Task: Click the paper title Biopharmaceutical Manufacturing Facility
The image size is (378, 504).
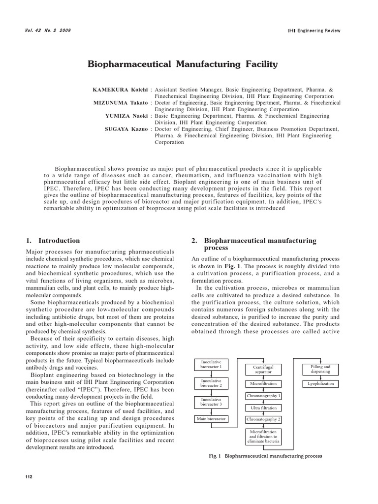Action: (182, 64)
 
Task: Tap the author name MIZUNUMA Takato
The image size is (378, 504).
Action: (120, 103)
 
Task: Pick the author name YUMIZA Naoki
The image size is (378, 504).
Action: (126, 116)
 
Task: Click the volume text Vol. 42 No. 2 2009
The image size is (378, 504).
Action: (48, 31)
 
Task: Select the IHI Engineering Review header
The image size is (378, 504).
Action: (314, 31)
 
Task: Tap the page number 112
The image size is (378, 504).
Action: (29, 477)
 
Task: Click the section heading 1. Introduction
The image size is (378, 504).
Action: (53, 241)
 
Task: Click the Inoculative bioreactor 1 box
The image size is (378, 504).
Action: (211, 364)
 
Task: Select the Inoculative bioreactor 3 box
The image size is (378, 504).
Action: (211, 402)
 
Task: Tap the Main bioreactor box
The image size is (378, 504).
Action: (211, 419)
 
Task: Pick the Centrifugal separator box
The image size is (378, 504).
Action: (263, 370)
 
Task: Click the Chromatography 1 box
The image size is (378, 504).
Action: (263, 396)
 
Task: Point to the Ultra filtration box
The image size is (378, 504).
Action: (263, 408)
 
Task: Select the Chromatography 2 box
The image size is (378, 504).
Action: (263, 419)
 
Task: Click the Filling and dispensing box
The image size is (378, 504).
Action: (320, 369)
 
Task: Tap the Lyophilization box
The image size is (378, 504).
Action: (320, 383)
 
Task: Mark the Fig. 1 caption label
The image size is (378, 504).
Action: (216, 456)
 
